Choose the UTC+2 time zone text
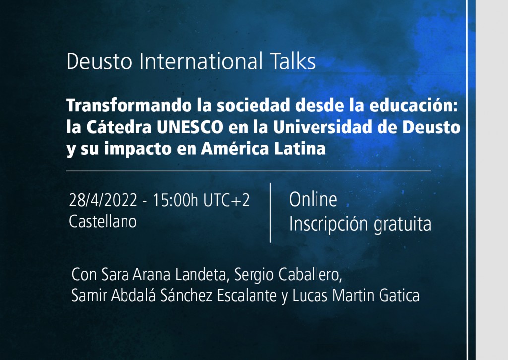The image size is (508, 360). pyautogui.click(x=226, y=201)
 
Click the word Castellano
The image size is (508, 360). pyautogui.click(x=103, y=221)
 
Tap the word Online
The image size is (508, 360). pyautogui.click(x=313, y=200)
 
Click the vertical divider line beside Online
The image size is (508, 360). pyautogui.click(x=270, y=213)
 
